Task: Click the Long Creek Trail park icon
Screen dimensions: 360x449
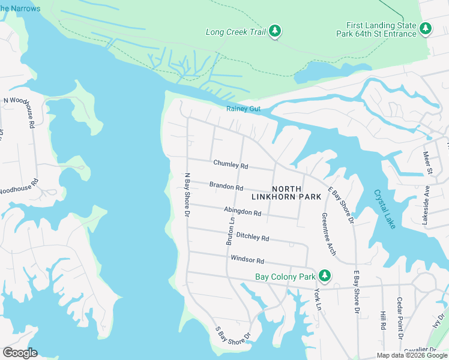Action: [x=275, y=31]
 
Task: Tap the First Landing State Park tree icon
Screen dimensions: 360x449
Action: [x=426, y=28]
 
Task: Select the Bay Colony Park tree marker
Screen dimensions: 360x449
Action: [x=325, y=275]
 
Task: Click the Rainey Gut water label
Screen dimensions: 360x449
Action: [x=243, y=109]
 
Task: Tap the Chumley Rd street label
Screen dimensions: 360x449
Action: [x=231, y=164]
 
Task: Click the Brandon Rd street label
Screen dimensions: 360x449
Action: [x=226, y=187]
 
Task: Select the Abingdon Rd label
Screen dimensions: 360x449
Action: [x=242, y=212]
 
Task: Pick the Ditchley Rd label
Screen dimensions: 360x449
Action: [x=252, y=237]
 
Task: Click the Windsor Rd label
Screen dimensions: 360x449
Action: [x=247, y=260]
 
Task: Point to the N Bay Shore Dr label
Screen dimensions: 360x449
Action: [x=187, y=195]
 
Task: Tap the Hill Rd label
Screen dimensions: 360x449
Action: [x=382, y=320]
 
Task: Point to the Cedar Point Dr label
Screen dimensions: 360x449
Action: [x=399, y=314]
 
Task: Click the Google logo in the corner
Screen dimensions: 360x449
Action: [x=20, y=352]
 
